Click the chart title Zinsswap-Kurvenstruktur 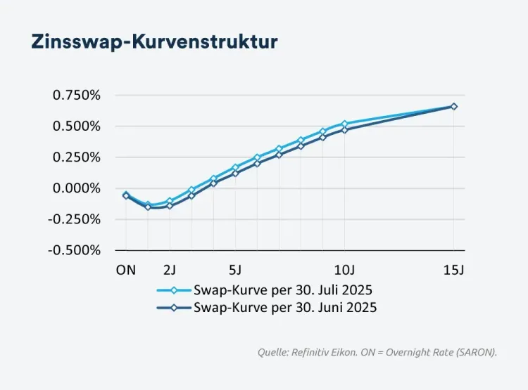pos(154,41)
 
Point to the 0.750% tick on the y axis pos(77,96)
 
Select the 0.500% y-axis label pos(77,126)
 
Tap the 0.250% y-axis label pos(77,157)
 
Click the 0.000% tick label pos(77,188)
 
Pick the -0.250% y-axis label pos(75,219)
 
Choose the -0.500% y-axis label pos(75,250)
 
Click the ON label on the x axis pos(125,269)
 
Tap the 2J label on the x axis pos(170,269)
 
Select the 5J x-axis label pos(235,269)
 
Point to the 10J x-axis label pos(344,269)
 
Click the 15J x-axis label pos(453,269)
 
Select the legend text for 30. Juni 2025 pos(285,307)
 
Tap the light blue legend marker pos(174,290)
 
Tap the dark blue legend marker pos(174,307)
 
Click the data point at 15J pos(453,106)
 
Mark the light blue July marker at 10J pos(344,124)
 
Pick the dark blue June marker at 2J pos(170,206)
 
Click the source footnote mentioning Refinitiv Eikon pos(377,352)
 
